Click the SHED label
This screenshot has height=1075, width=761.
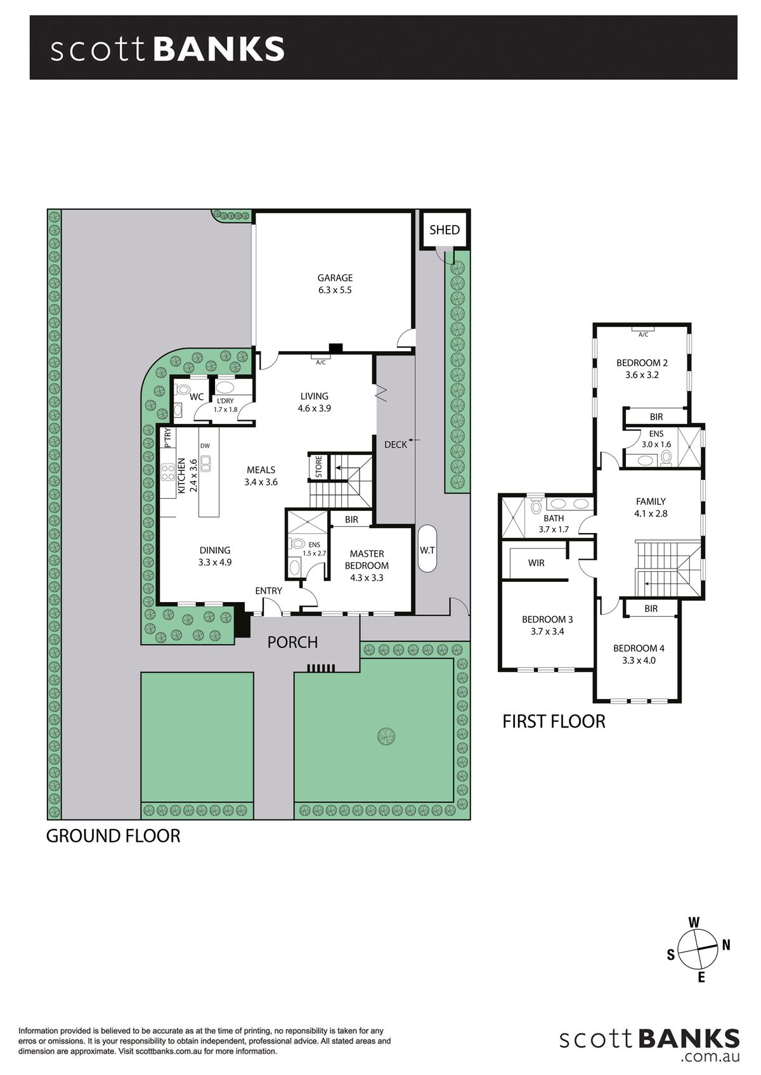coord(444,230)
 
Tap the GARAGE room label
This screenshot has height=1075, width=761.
coord(335,278)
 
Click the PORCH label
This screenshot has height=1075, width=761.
coord(292,643)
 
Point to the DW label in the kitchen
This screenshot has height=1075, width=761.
coord(205,446)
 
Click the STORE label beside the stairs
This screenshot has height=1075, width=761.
coord(319,467)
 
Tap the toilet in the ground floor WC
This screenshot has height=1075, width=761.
coord(182,390)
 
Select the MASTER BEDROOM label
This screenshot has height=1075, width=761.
coord(367,560)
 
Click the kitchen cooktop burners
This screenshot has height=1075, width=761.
coord(167,472)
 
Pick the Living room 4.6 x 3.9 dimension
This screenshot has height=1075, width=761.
coord(314,408)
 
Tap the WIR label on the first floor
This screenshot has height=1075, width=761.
coord(536,563)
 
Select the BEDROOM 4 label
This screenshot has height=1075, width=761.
coord(639,648)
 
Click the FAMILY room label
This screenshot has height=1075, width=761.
coord(651,501)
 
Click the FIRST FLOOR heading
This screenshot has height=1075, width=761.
coord(554,721)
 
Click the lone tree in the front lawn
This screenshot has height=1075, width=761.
coord(386,735)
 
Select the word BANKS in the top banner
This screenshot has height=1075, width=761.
coord(219,49)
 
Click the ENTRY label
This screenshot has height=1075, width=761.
coord(268,591)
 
